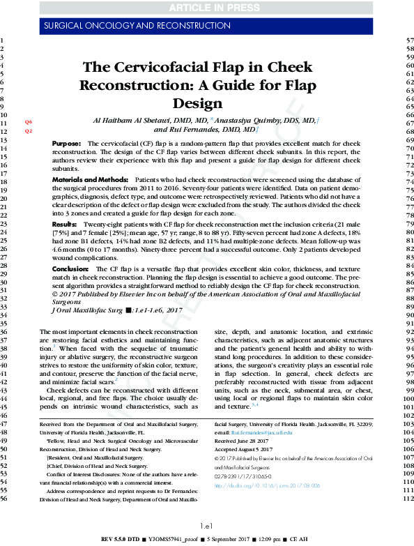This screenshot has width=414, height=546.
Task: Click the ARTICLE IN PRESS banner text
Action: (206, 7)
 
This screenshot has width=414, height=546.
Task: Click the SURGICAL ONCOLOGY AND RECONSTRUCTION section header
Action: (127, 26)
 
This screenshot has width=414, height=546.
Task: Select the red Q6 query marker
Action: (29, 122)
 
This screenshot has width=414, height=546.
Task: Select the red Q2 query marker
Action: (29, 131)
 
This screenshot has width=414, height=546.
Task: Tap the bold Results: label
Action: (64, 225)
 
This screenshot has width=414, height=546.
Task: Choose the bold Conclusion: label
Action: (70, 268)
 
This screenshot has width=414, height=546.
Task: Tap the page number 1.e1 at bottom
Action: (206, 525)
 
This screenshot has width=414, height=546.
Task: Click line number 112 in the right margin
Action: (400, 500)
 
